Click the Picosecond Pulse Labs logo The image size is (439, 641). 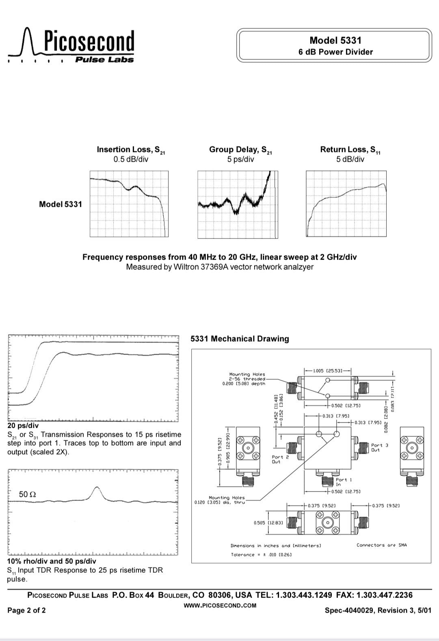71,46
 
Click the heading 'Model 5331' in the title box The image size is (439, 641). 335,40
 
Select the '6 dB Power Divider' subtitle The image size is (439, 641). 335,52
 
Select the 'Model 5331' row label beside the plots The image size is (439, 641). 60,204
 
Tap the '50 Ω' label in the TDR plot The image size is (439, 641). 28,494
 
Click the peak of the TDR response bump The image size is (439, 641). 97,487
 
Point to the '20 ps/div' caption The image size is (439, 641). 23,426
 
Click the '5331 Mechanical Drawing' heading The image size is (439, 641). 240,339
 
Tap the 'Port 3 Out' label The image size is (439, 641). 379,448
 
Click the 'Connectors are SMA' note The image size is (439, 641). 381,545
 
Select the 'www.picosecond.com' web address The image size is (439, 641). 220,605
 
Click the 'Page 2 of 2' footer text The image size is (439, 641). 26,610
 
